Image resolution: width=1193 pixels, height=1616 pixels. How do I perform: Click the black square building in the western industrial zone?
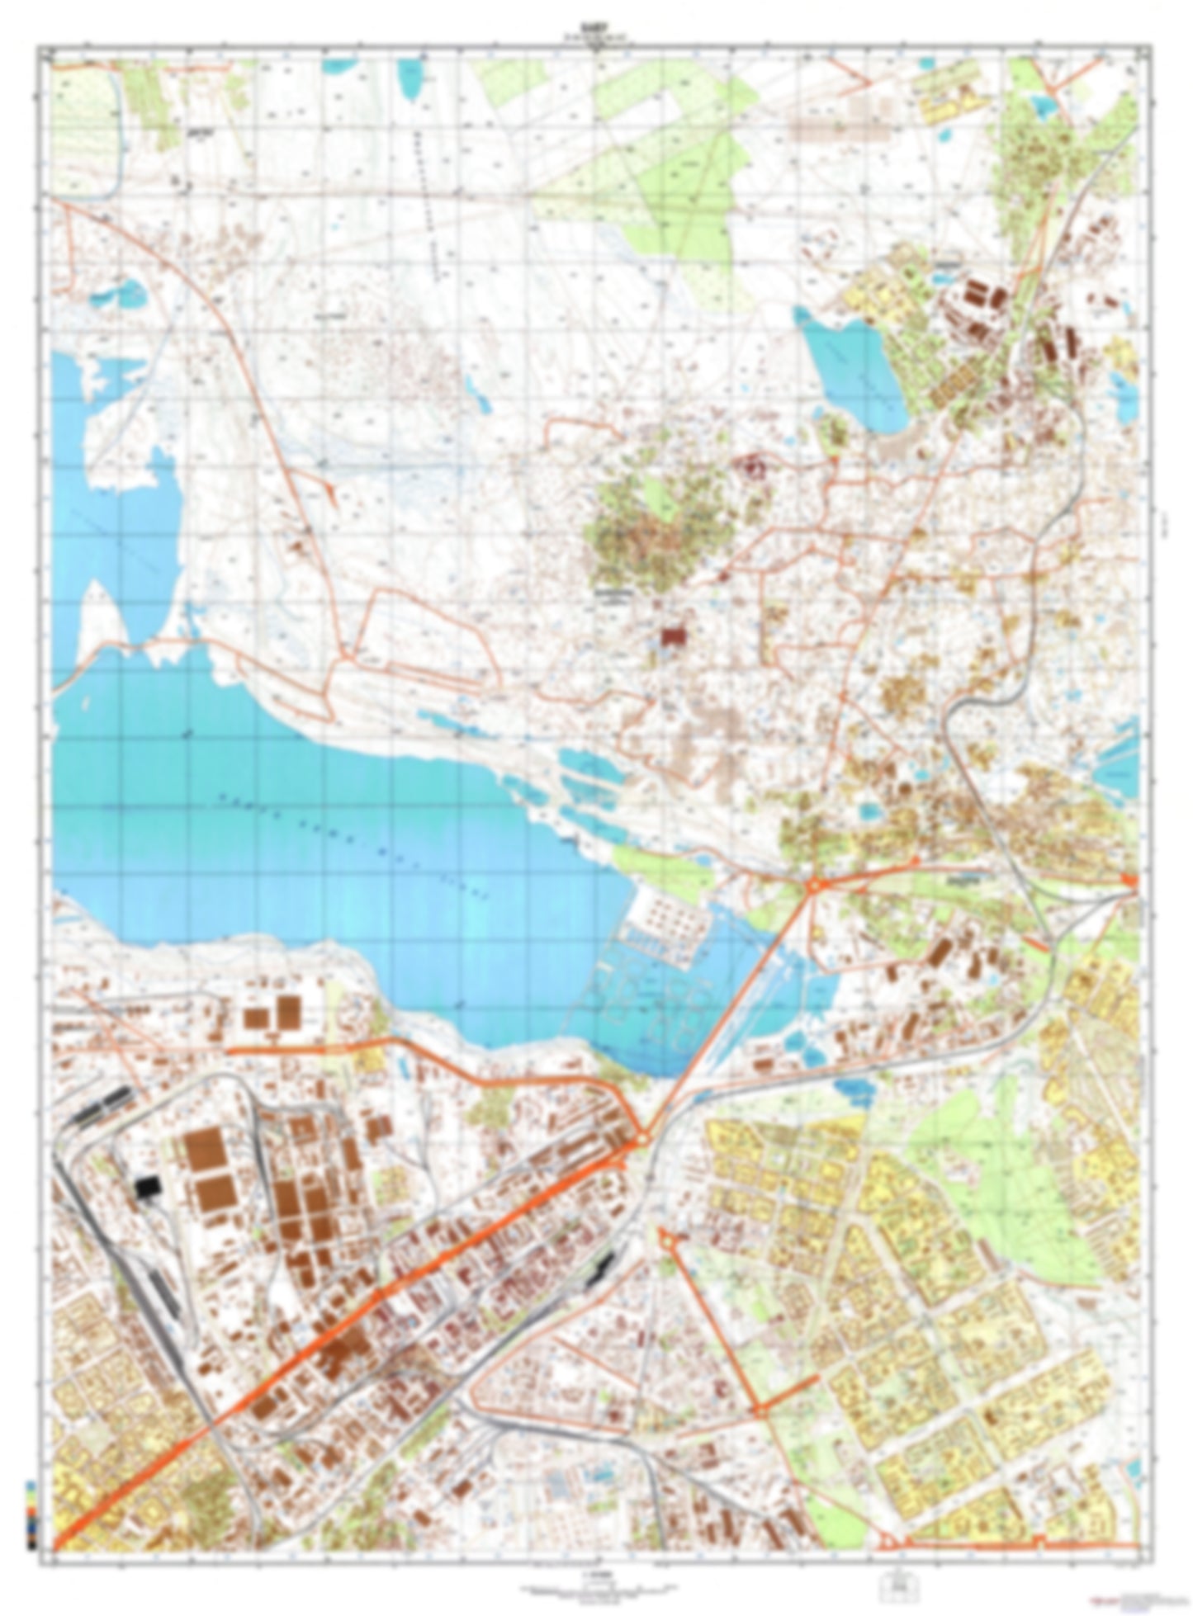pos(146,1188)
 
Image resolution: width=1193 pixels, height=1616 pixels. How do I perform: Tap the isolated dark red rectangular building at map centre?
pos(675,636)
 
